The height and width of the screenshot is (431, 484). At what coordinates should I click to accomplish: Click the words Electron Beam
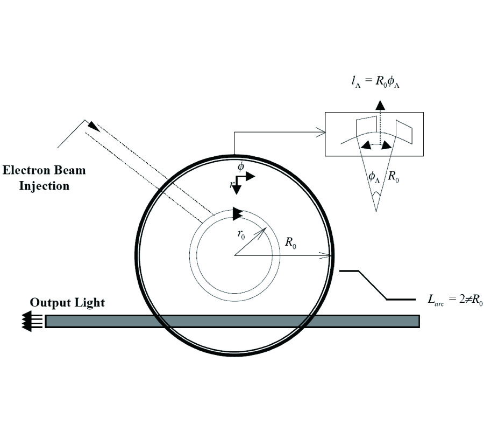coord(44,170)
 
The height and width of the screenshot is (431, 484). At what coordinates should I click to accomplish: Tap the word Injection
coord(44,186)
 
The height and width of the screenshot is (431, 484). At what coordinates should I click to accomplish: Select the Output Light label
coord(67,303)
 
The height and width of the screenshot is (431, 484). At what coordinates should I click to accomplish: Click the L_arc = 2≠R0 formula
coord(455,300)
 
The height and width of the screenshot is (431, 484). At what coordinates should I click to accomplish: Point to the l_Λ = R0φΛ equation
coord(376,81)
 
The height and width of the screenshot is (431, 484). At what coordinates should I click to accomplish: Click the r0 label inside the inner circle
coord(241,234)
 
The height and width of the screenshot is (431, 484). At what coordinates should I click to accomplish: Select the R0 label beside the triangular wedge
coord(393,176)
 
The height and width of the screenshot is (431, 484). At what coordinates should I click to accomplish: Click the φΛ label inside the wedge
coord(374,177)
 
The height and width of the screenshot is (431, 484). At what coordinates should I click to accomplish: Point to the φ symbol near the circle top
coord(241,166)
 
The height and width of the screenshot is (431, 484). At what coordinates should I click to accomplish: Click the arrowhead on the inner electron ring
coord(238,214)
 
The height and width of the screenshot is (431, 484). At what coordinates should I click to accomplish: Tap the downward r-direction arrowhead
coord(236,190)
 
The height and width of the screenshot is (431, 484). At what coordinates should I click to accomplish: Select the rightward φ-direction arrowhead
coord(250,177)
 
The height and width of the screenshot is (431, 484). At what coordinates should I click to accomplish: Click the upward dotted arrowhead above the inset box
coord(380,105)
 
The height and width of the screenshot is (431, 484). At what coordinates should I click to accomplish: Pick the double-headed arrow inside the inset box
coord(376,145)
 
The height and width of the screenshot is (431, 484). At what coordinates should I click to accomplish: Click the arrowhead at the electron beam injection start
coord(94,127)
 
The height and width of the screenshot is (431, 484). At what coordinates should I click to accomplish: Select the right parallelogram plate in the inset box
coord(404,131)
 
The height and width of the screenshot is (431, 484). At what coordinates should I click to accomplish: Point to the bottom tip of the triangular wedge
coord(376,212)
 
